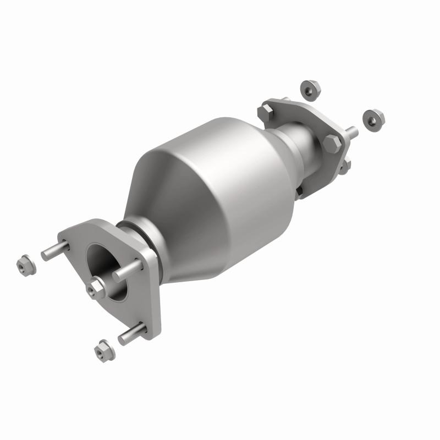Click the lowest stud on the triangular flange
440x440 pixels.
pos(132,334)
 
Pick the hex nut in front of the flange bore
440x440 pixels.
pos(96,288)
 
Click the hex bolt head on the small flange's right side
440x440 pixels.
pos(333,144)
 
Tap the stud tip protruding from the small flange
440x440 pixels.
pos(351,133)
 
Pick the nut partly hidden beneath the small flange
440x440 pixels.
pos(344,165)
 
